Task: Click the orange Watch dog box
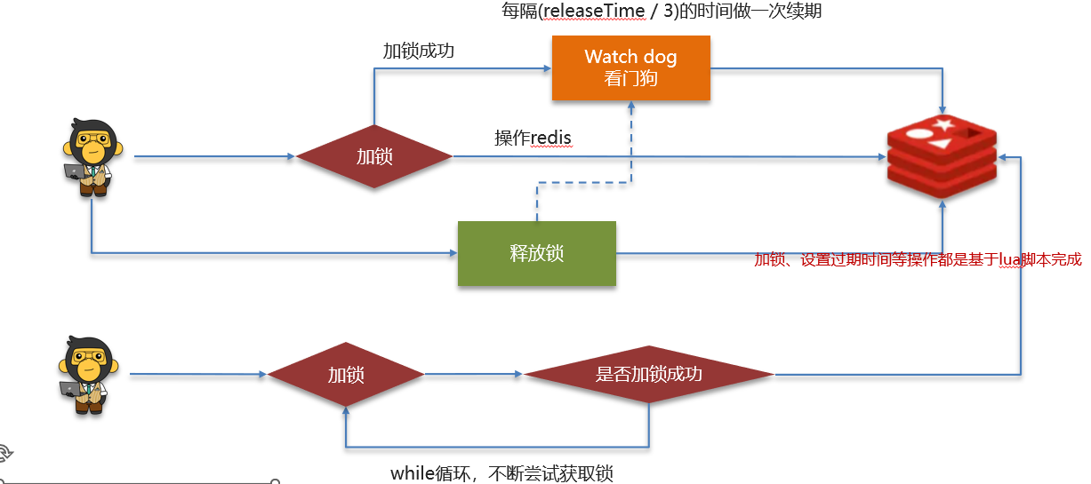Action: pyautogui.click(x=630, y=67)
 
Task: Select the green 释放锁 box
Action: pyautogui.click(x=536, y=253)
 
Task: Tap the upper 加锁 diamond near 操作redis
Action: pyautogui.click(x=373, y=157)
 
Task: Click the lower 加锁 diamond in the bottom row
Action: pyautogui.click(x=346, y=375)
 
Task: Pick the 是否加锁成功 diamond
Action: pyautogui.click(x=648, y=375)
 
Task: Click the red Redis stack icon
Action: pyautogui.click(x=943, y=157)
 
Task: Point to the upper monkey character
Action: pyautogui.click(x=92, y=157)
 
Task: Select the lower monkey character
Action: pyautogui.click(x=88, y=375)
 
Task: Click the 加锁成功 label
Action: pyautogui.click(x=418, y=51)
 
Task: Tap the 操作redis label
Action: pyautogui.click(x=533, y=138)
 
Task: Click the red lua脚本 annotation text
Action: pyautogui.click(x=918, y=260)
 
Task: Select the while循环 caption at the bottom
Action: pyautogui.click(x=501, y=472)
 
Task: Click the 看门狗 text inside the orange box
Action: pyautogui.click(x=630, y=78)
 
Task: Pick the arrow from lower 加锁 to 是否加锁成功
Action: pyautogui.click(x=473, y=375)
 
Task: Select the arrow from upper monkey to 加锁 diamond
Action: pyautogui.click(x=213, y=157)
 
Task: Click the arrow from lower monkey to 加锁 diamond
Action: pyautogui.click(x=197, y=375)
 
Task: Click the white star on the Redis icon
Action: pyautogui.click(x=944, y=124)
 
